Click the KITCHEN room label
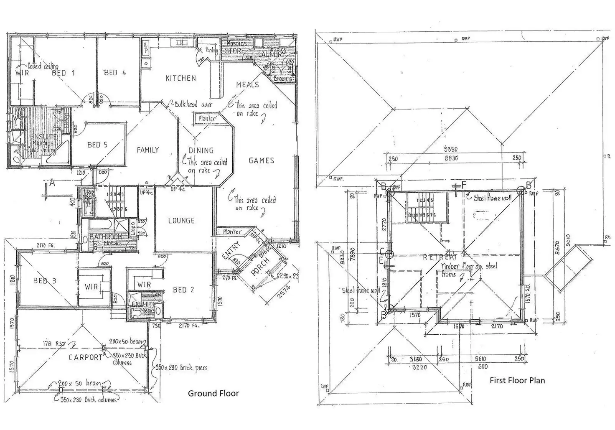180,78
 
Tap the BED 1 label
64,73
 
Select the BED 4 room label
115,73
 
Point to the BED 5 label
97,145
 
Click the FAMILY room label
148,150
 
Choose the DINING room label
201,150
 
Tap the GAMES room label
262,160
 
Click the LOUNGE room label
181,221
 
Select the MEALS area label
248,85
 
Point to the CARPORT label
86,357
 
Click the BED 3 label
44,281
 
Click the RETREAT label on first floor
440,257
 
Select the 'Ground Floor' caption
213,393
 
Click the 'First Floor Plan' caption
517,380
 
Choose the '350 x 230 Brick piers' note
181,368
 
